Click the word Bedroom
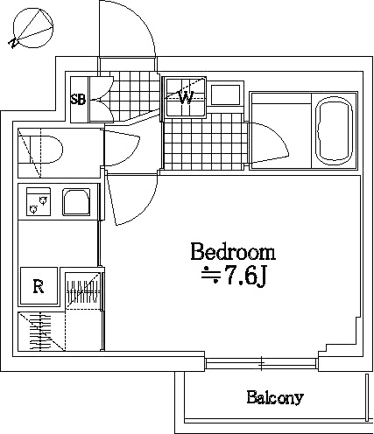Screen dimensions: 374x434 tap(233, 252)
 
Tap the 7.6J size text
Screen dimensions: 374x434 tap(234, 275)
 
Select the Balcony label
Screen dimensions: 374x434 tap(275, 397)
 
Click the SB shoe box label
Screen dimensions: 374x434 tap(78, 100)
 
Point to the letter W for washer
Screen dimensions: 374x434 tap(186, 98)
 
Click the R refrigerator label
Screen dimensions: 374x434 tap(39, 286)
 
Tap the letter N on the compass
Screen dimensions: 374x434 tap(13, 43)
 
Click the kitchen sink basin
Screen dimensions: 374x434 tap(76, 202)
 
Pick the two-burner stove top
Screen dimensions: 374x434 tap(39, 202)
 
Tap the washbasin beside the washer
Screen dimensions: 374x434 tap(225, 94)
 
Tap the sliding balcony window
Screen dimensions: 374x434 tap(262, 363)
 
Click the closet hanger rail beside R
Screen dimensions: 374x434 tap(84, 291)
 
